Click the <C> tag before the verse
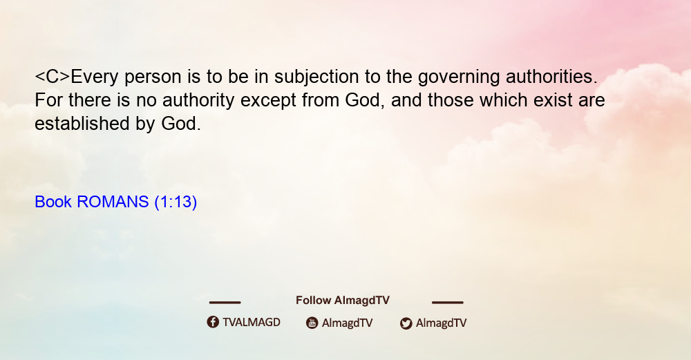point(53,77)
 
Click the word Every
point(95,77)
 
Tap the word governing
point(459,77)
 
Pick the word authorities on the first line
point(551,77)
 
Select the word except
point(268,101)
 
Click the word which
point(504,100)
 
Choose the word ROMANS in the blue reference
point(113,202)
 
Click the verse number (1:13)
point(176,202)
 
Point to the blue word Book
point(53,202)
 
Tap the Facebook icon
point(213,322)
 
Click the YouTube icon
point(312,323)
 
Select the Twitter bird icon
point(406,323)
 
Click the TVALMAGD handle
point(252,322)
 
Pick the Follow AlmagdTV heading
point(343,301)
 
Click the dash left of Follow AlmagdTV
point(225,303)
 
